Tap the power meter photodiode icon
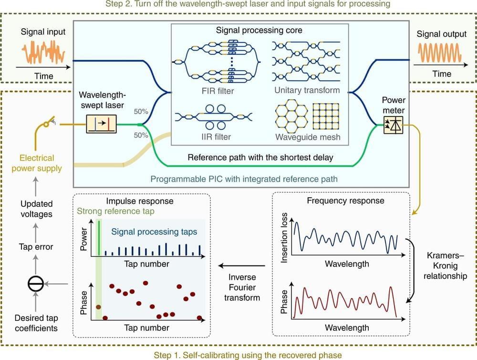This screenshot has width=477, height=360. (394, 125)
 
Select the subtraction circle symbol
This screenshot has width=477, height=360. (36, 284)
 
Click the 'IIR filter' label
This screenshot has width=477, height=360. (215, 137)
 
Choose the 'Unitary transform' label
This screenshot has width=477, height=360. (307, 90)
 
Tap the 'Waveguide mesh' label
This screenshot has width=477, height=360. (307, 137)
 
